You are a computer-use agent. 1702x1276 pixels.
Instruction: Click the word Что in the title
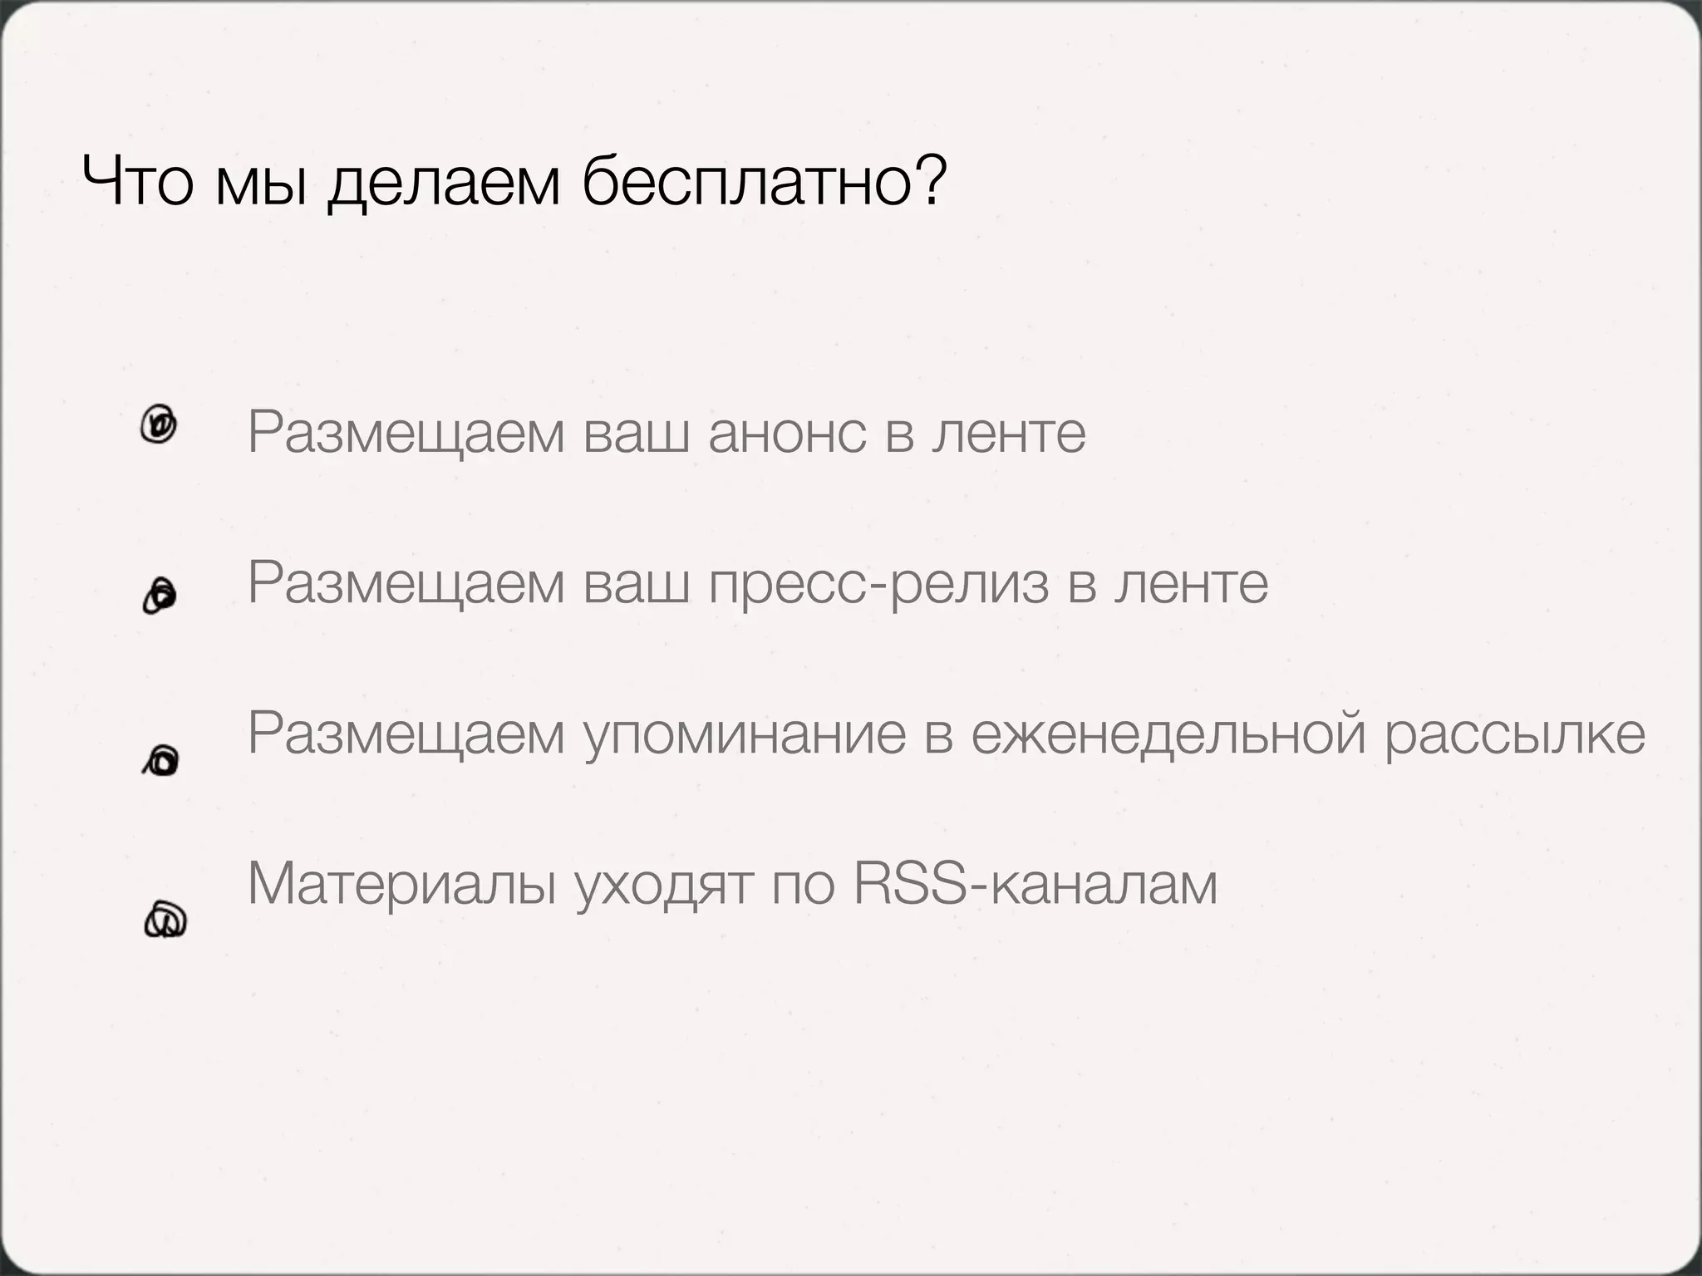pos(138,182)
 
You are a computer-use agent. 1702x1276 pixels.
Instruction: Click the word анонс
pos(786,433)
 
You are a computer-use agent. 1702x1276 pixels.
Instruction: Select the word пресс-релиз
pos(879,584)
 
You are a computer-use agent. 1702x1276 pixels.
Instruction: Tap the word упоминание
pos(745,735)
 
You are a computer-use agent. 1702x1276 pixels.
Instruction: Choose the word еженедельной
pos(1169,735)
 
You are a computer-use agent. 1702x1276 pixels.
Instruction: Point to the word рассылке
pos(1514,735)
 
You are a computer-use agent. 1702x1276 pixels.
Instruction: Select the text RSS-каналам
pos(1035,884)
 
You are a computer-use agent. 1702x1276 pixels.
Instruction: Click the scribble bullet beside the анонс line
pos(159,425)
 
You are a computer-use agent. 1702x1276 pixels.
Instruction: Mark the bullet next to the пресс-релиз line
pos(159,596)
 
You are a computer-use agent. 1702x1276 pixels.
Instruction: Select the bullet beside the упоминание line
pos(161,759)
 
